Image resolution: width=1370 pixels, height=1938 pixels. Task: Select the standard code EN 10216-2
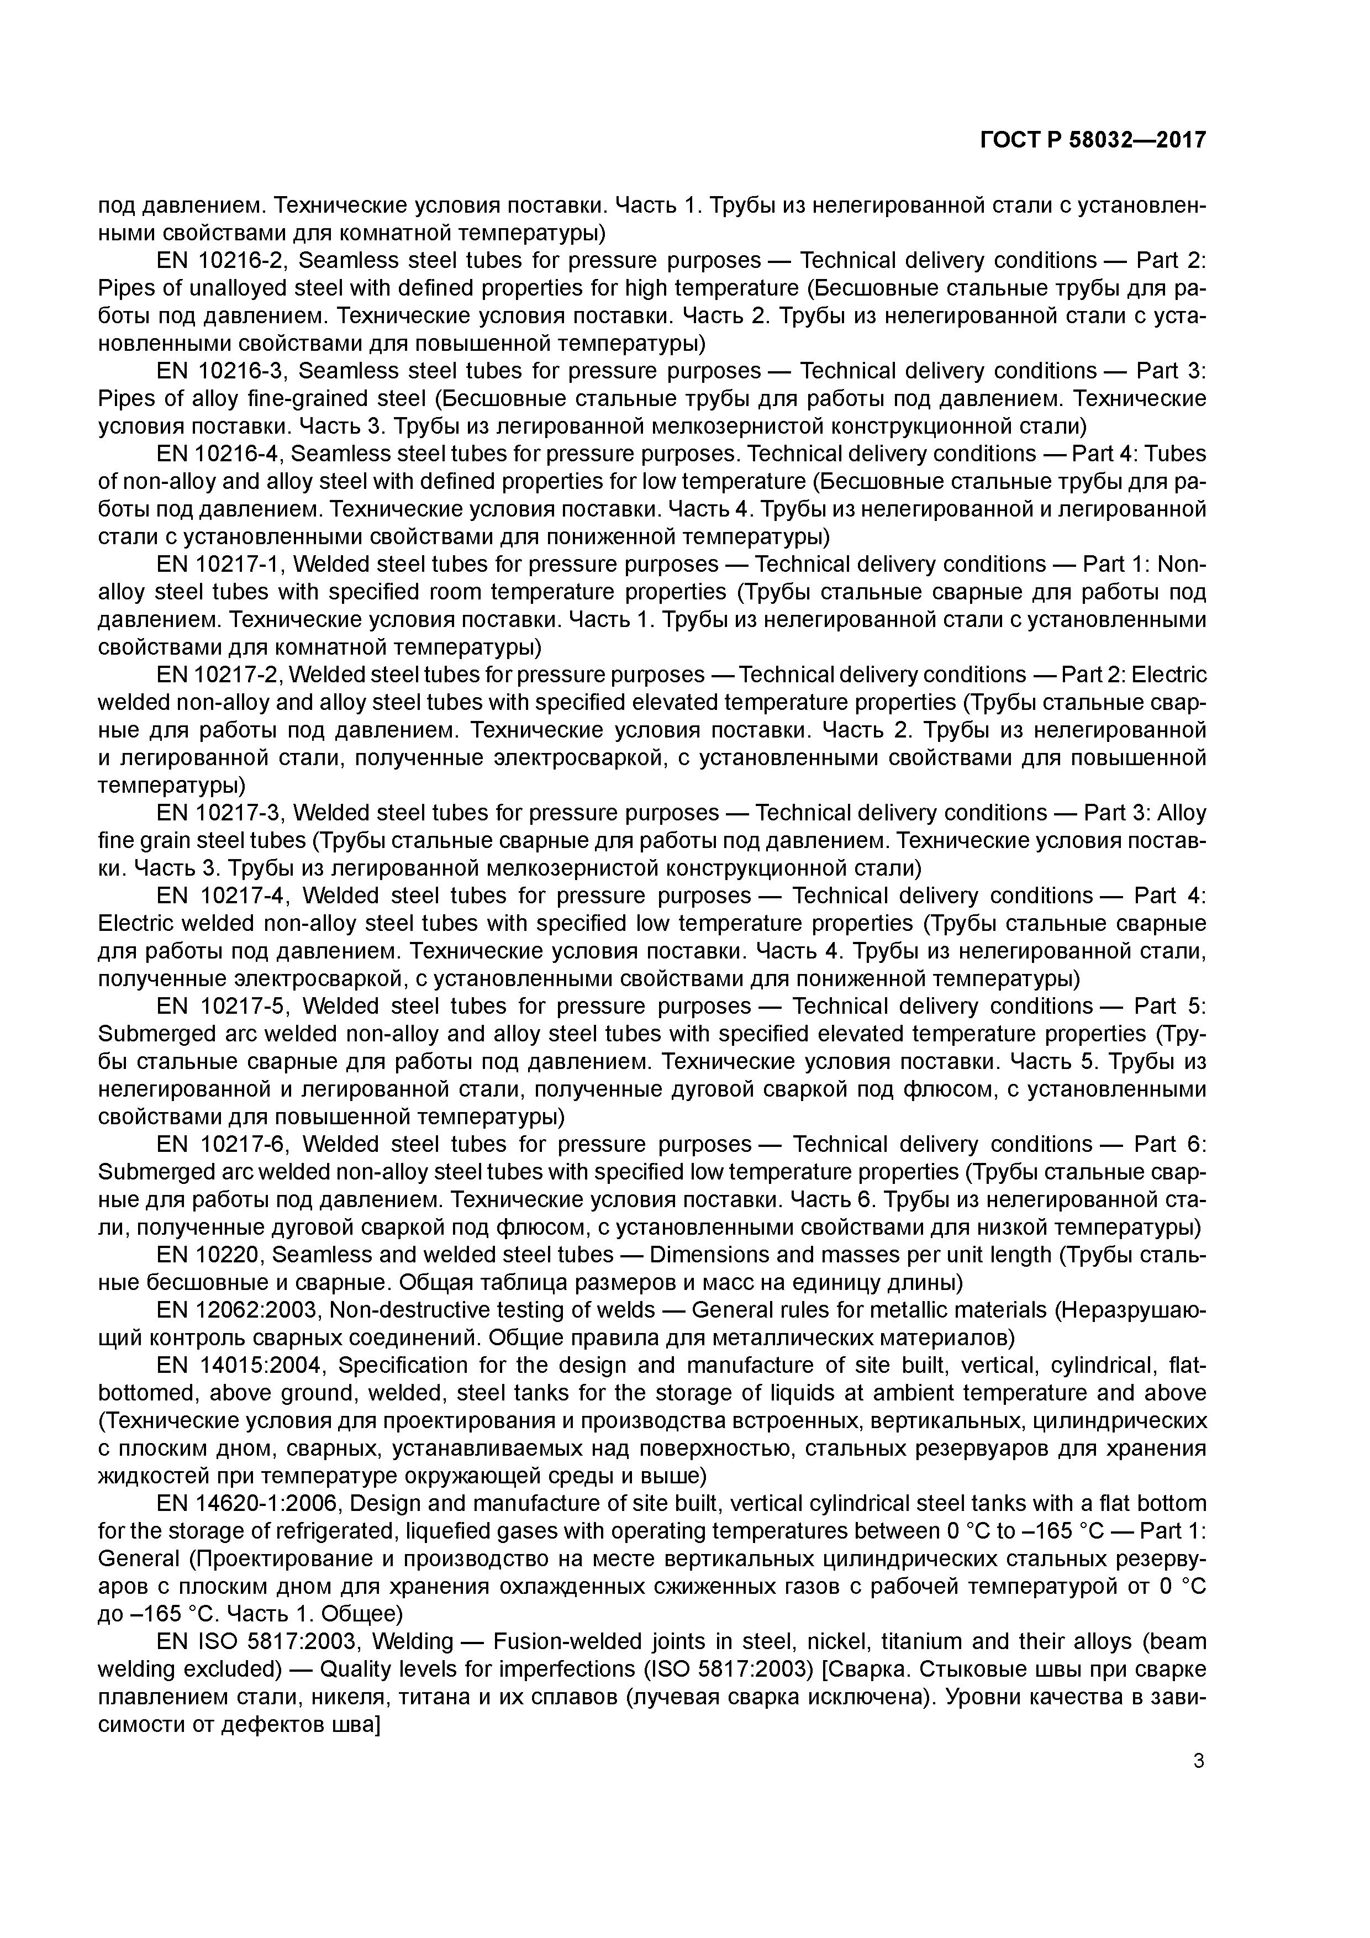pyautogui.click(x=221, y=261)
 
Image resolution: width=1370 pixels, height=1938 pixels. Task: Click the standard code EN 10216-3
pyautogui.click(x=221, y=371)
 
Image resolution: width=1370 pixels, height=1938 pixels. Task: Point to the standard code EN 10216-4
pyautogui.click(x=221, y=454)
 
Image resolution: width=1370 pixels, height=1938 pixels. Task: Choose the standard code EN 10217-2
pyautogui.click(x=219, y=675)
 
